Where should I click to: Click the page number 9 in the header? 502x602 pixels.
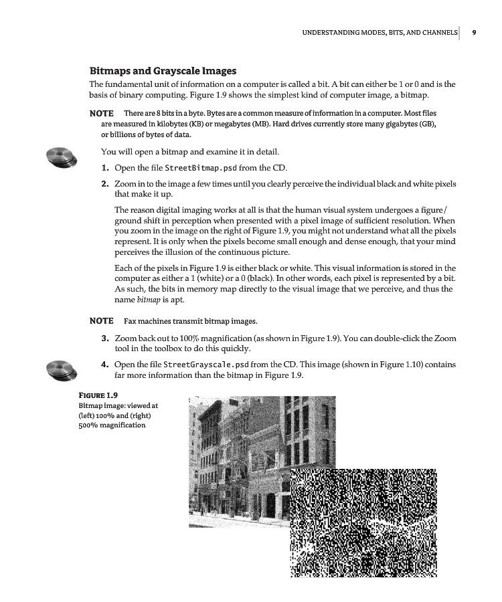(473, 32)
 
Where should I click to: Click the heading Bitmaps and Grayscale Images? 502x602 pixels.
(163, 70)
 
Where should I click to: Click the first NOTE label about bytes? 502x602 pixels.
(101, 113)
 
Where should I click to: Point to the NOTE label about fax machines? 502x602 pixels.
(101, 321)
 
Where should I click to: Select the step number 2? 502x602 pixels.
(105, 183)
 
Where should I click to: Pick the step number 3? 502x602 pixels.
(105, 339)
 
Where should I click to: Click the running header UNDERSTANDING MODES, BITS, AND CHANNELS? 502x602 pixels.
(380, 32)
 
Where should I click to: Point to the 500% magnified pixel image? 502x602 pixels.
(363, 522)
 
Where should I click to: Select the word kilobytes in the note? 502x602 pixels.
(140, 124)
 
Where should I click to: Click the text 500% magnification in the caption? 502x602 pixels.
(112, 425)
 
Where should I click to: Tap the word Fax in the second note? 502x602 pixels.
(131, 321)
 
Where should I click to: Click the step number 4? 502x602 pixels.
(105, 365)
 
